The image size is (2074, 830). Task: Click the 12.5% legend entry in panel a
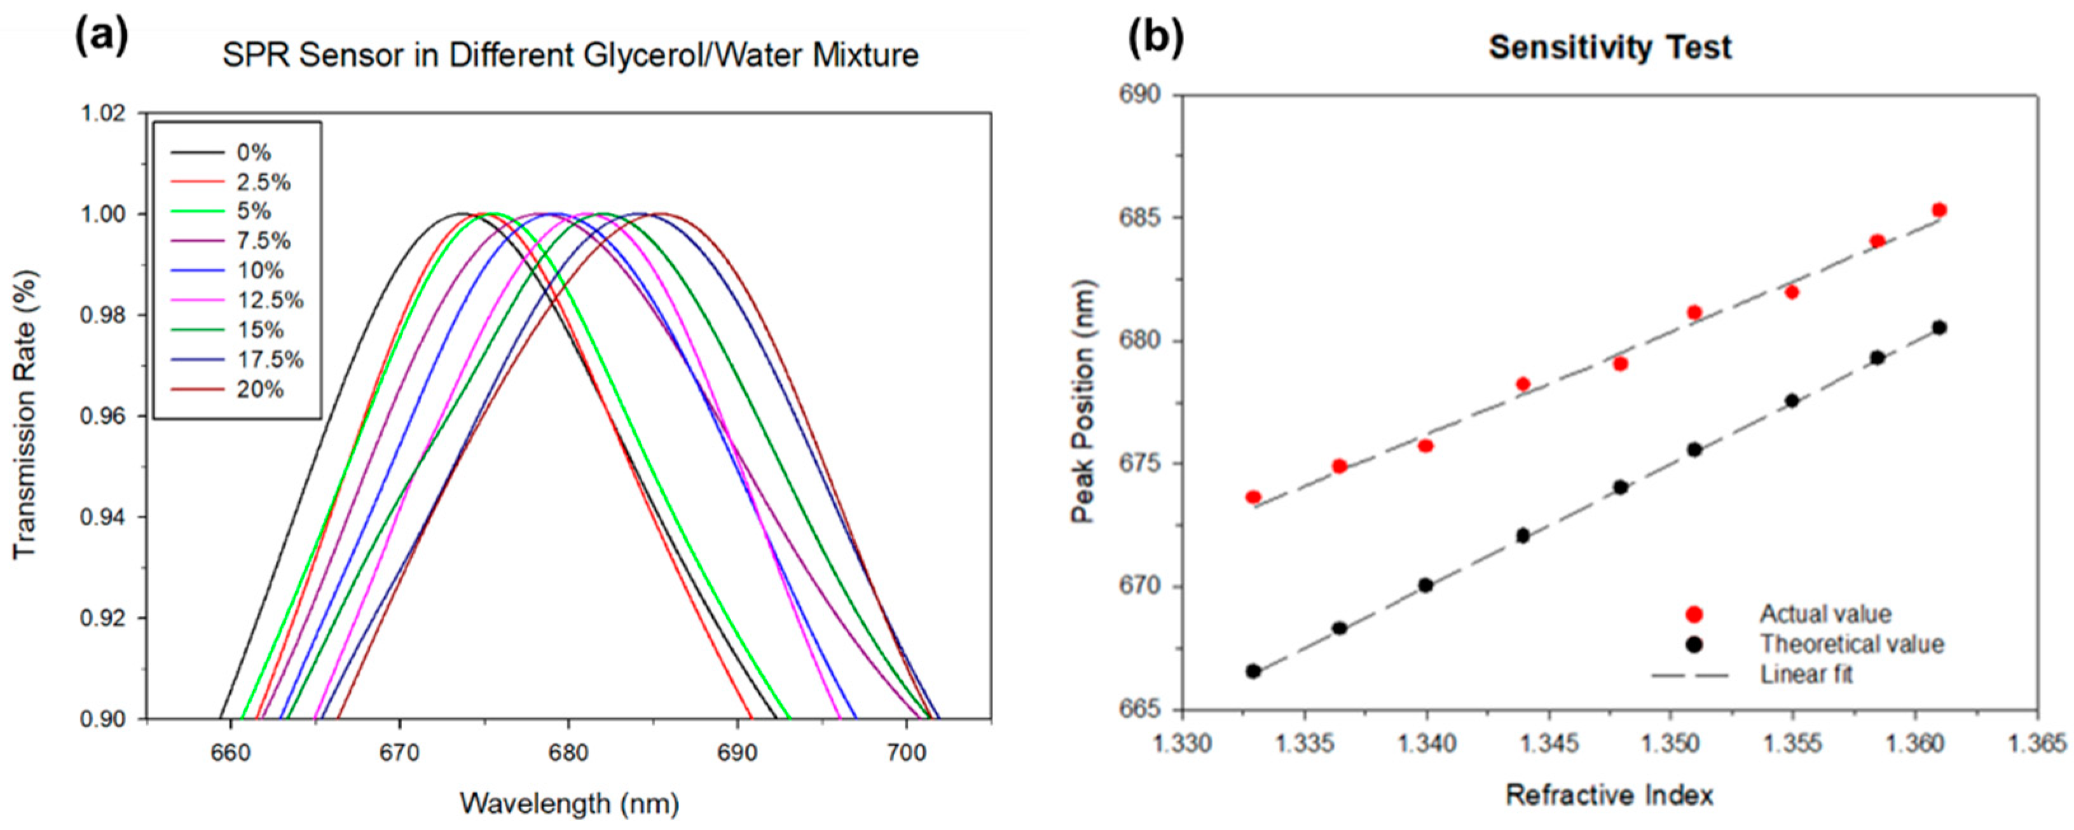[270, 300]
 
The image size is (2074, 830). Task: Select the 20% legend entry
[260, 390]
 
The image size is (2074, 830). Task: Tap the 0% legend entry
[254, 152]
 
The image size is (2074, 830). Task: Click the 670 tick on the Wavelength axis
[399, 754]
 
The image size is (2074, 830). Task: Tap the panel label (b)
[1155, 39]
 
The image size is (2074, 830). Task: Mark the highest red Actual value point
[1939, 210]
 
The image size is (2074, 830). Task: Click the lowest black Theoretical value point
[1253, 670]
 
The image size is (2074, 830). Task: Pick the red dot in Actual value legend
[1694, 615]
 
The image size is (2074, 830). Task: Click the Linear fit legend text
[1806, 674]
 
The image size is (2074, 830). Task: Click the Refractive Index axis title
[1609, 796]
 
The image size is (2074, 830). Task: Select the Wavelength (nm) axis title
[569, 803]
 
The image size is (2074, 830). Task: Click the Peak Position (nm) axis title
[1083, 402]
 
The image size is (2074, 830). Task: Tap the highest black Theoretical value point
[1939, 328]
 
